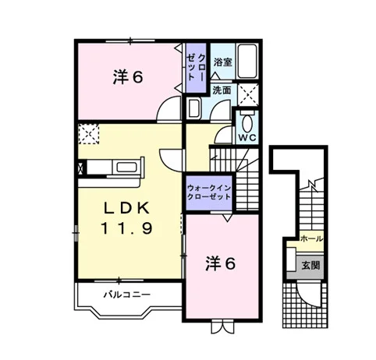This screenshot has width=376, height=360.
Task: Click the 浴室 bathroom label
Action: click(x=223, y=62)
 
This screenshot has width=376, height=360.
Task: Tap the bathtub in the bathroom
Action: click(x=247, y=62)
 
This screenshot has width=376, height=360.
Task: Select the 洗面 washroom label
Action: click(x=222, y=90)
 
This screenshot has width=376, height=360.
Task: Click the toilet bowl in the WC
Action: click(x=247, y=122)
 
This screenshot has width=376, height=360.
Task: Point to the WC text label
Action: click(x=247, y=137)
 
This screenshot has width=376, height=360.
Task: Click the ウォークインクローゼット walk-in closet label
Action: click(x=209, y=192)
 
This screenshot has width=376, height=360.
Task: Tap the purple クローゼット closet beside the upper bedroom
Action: click(x=197, y=68)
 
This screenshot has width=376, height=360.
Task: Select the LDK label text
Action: click(x=126, y=208)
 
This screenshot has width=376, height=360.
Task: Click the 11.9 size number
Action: click(x=126, y=228)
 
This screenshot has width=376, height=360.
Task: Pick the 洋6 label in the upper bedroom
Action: click(x=128, y=77)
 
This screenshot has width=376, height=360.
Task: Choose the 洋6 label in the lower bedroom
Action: click(x=221, y=263)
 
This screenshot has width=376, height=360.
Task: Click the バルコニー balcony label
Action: click(x=127, y=295)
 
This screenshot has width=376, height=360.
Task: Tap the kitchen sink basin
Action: click(x=126, y=167)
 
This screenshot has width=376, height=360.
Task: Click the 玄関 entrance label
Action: click(x=310, y=266)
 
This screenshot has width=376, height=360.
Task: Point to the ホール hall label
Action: click(x=311, y=238)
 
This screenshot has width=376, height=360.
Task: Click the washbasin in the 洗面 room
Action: click(x=194, y=108)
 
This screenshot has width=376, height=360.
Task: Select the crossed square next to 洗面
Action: click(x=248, y=94)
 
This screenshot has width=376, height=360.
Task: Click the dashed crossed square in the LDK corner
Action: click(x=89, y=134)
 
